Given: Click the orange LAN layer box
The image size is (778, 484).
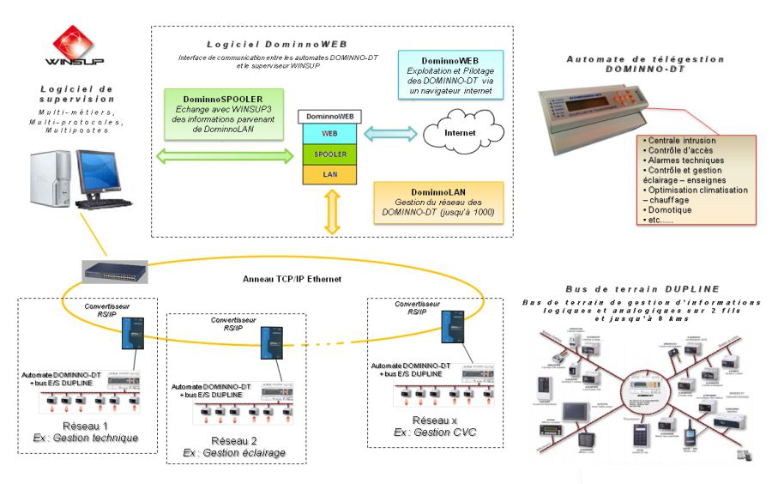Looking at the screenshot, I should point(329,174).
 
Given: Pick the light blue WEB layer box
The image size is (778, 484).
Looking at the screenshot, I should point(329,134).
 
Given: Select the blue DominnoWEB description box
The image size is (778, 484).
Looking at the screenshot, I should point(450,74).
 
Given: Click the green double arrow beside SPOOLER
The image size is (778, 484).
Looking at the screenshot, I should point(225,155).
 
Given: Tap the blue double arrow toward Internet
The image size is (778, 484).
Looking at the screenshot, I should point(391,134).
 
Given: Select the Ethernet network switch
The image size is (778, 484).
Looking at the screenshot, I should point(115,271).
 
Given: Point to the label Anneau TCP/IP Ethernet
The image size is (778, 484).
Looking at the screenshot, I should point(293,279).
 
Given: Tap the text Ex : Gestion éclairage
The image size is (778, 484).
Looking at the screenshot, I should point(234,452).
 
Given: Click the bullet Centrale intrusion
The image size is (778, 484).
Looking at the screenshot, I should point(682,141).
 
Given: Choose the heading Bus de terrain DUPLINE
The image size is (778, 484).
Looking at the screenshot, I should point(642,289).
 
